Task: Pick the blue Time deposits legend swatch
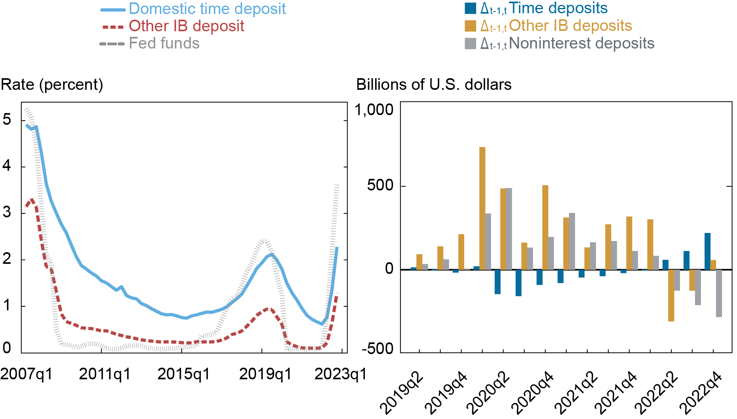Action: point(470,8)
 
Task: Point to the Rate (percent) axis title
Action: point(52,85)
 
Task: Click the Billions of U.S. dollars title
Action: point(434,85)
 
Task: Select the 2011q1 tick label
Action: point(105,374)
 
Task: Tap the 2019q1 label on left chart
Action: point(265,374)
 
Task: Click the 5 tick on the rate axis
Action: point(7,119)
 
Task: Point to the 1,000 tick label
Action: point(374,109)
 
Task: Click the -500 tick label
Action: point(377,348)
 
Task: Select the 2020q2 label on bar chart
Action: point(489,393)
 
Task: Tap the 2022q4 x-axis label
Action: point(701,393)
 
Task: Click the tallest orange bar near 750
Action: point(482,208)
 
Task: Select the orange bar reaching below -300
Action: point(671,296)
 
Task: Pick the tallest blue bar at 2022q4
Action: point(707,251)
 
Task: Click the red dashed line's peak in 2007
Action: point(31,199)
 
